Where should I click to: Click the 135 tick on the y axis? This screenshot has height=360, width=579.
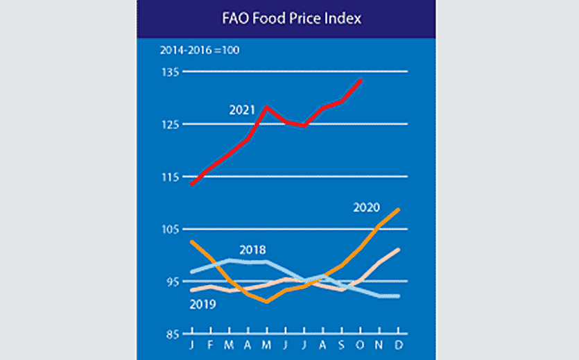coord(171,72)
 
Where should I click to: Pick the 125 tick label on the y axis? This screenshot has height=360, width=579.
coord(171,125)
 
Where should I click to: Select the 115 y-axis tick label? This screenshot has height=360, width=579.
coord(171,177)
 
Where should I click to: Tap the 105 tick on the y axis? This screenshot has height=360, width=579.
coord(171,230)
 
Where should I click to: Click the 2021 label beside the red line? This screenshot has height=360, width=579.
coord(242,110)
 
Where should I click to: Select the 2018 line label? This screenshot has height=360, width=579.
coord(253,250)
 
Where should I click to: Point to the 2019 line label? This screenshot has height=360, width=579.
coord(202,304)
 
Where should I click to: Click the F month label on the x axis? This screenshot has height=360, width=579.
coord(211,345)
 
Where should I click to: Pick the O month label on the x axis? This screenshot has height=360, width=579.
coord(361,345)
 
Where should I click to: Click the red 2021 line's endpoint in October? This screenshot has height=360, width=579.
coord(361,80)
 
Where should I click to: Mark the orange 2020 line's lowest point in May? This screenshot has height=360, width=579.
coord(267,302)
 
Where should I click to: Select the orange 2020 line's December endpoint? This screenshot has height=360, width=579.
coord(399,209)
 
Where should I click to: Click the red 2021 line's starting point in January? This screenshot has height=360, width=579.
coord(192,184)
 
